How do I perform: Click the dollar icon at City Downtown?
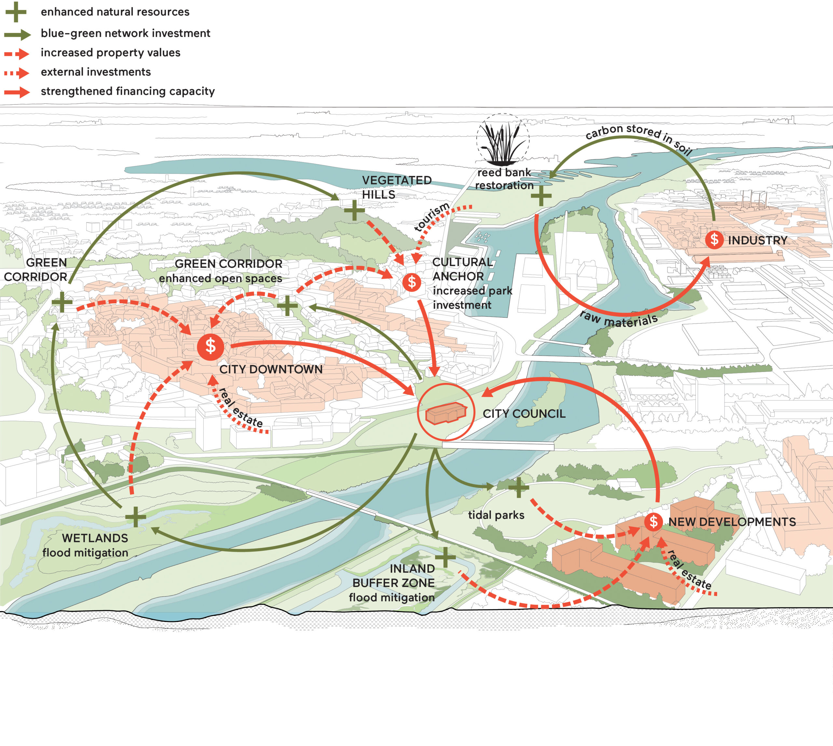point(210,346)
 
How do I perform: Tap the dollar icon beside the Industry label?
point(714,239)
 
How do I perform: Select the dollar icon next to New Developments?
point(653,522)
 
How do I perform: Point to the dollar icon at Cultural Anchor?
point(412,282)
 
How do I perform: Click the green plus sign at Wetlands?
point(136,517)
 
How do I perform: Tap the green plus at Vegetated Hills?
point(354,211)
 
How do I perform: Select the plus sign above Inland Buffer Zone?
point(445,557)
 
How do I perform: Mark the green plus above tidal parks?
point(519,487)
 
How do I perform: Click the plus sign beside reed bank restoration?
point(541,196)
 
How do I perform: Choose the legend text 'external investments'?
point(96,72)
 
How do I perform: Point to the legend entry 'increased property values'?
point(111,53)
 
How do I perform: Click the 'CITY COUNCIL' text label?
point(524,414)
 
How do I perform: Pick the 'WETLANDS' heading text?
point(95,538)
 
